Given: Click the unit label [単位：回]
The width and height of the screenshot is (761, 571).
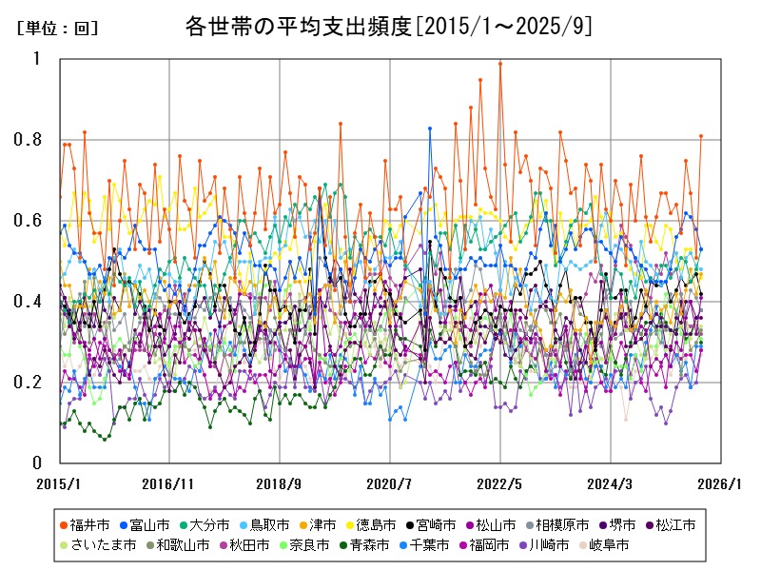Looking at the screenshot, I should pos(57,29).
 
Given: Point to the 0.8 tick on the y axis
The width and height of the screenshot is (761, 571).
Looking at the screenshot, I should pos(30,140).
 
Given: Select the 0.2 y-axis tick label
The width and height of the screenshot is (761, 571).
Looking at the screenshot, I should pos(30,383).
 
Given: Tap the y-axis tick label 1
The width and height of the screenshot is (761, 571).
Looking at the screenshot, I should pos(38,59).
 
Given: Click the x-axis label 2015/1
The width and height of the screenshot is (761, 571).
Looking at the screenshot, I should pos(59,483).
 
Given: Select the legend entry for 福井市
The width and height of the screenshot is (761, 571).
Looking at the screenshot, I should pos(91,524).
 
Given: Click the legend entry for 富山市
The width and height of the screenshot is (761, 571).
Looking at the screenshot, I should pos(150,524).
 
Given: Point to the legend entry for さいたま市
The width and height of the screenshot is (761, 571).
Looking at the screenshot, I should pos(95,545).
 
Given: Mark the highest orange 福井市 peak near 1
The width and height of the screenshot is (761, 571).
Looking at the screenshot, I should pos(500,64).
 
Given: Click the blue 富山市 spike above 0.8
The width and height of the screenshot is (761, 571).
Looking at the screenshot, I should pos(430,128).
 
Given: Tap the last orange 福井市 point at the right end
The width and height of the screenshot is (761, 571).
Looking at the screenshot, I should pos(701,136).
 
